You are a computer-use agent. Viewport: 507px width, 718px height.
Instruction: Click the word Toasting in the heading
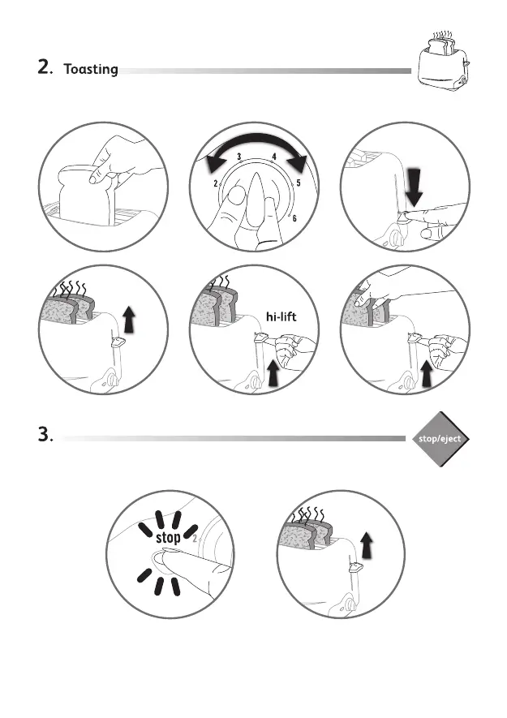point(90,70)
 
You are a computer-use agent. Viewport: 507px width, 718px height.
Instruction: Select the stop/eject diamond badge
point(439,439)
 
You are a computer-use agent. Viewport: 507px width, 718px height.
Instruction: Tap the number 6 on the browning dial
point(294,218)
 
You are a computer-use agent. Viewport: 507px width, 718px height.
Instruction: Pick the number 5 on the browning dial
point(299,183)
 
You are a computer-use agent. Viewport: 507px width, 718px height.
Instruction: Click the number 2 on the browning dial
point(216,185)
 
